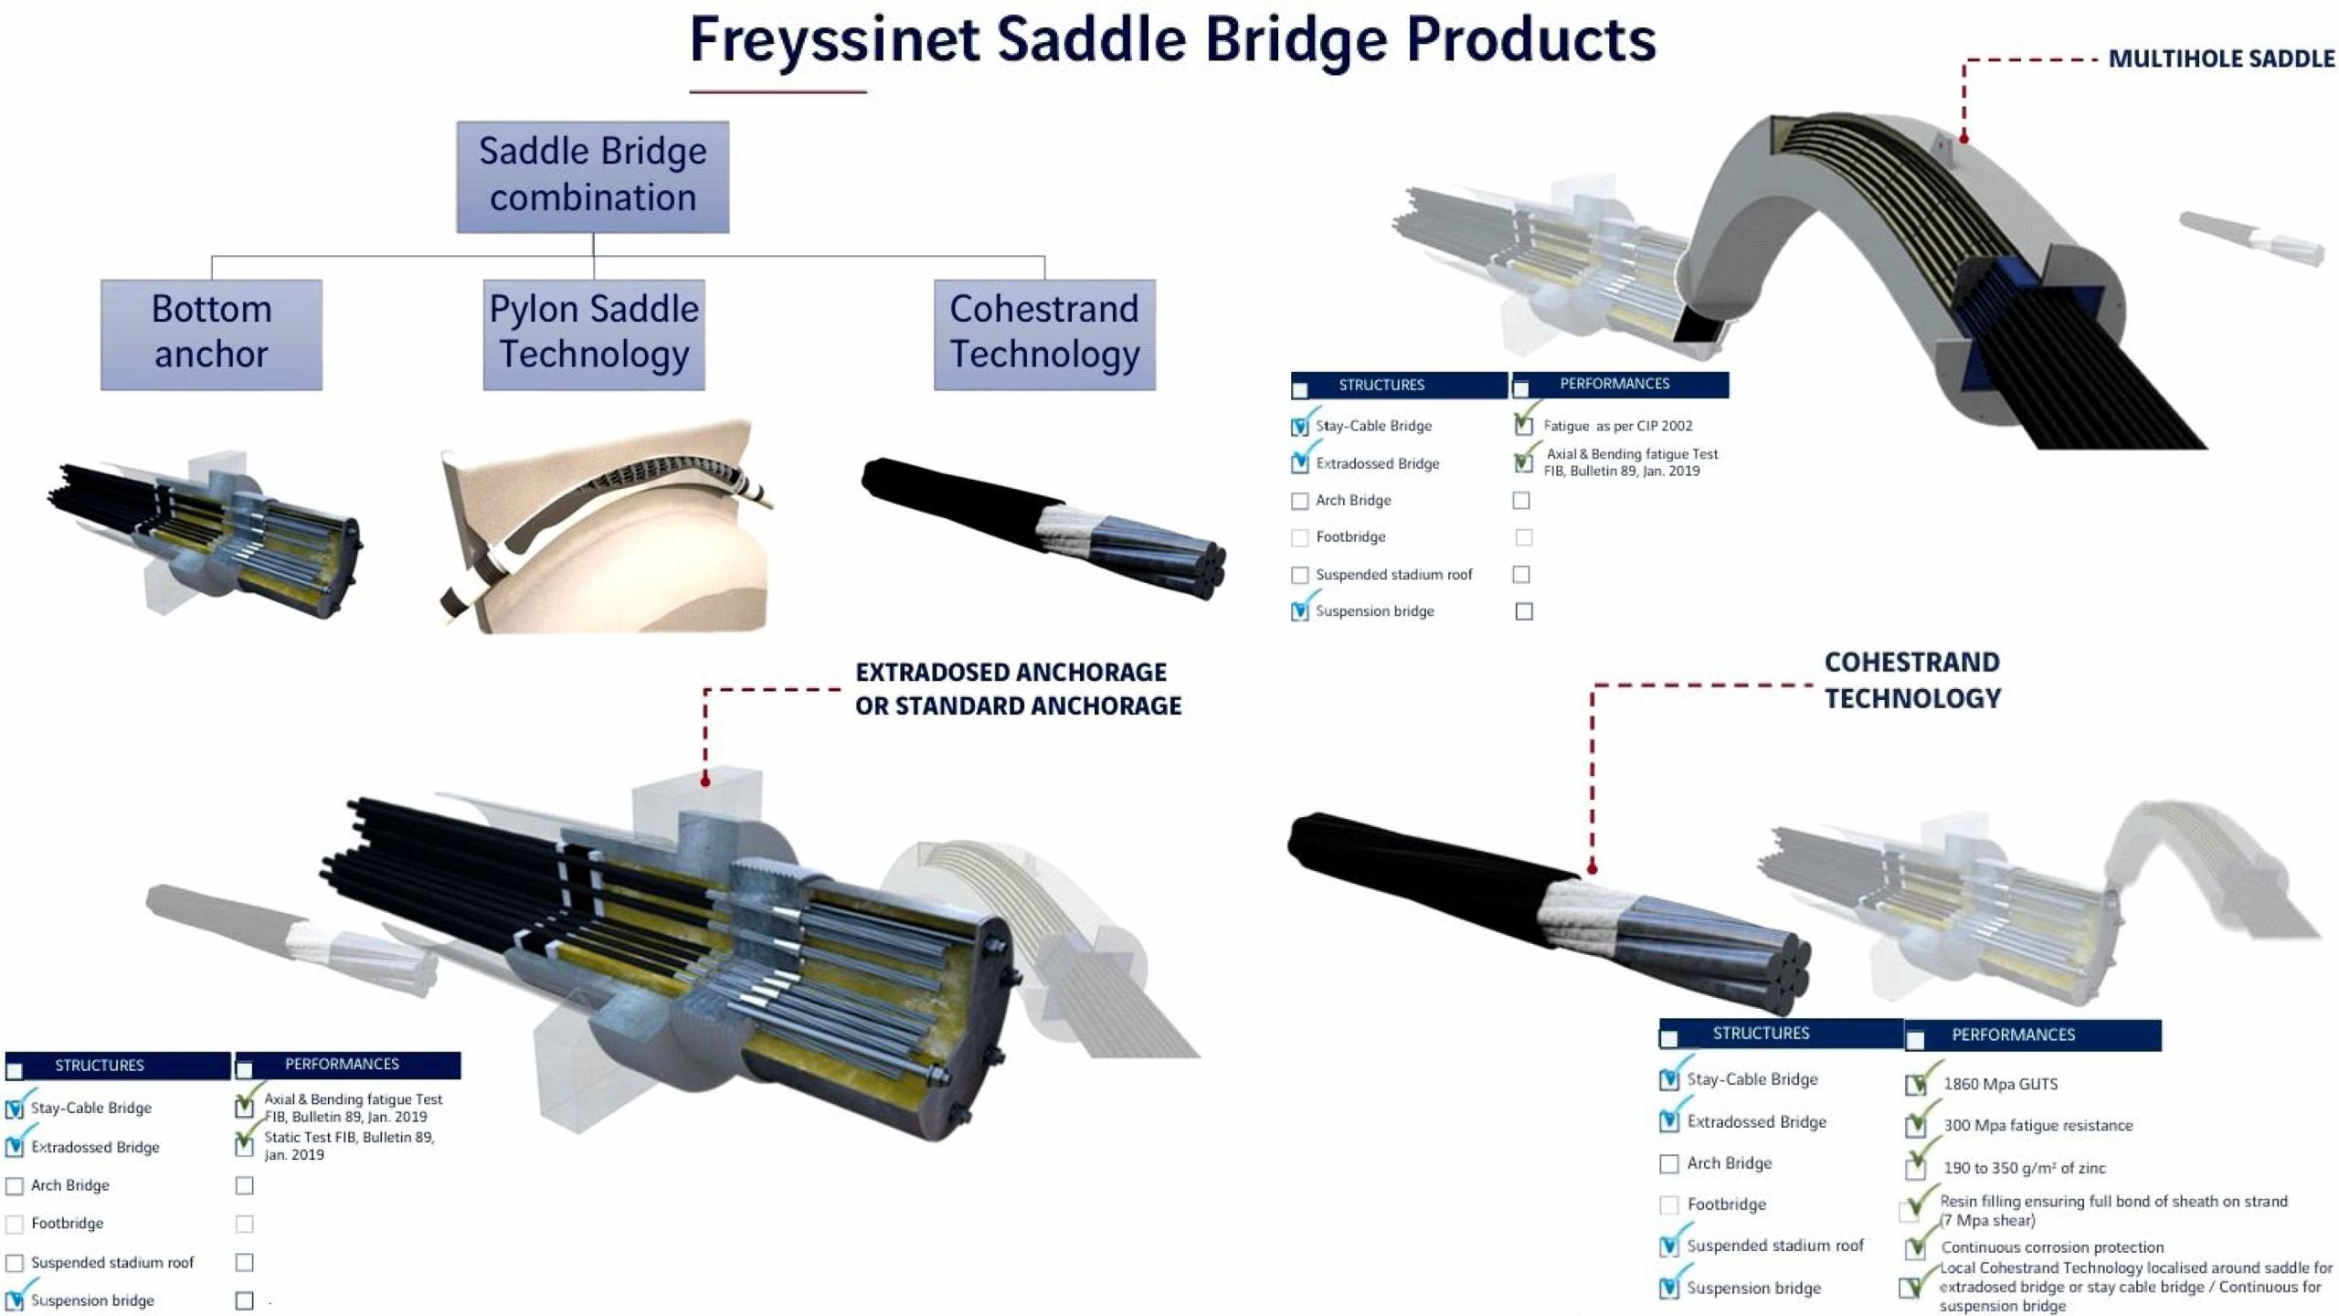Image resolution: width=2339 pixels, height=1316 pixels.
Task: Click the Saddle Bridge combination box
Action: [x=592, y=176]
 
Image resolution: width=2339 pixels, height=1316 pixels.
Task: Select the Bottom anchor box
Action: [x=211, y=334]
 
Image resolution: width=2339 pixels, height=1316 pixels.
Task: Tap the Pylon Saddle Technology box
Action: [x=593, y=334]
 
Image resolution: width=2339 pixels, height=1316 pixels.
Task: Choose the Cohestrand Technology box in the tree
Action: [x=1043, y=334]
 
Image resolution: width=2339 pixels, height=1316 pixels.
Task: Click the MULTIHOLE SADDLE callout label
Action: [x=2220, y=59]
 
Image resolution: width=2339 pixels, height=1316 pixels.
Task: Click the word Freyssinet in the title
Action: [x=833, y=40]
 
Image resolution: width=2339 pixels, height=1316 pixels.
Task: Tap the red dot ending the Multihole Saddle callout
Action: [x=1963, y=138]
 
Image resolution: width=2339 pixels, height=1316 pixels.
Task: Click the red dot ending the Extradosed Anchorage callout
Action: [x=705, y=780]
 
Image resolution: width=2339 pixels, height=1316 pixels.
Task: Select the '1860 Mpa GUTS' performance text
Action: [x=2000, y=1084]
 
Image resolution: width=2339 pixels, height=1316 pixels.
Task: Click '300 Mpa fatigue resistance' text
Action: [x=2037, y=1125]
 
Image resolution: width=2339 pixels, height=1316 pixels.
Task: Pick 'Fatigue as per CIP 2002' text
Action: [x=1617, y=426]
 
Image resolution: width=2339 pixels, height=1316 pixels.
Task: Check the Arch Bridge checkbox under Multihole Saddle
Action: [x=1299, y=501]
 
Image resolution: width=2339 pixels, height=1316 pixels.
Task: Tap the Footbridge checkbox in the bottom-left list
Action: [x=15, y=1224]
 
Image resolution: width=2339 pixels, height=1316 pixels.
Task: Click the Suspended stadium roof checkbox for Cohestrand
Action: [x=1669, y=1247]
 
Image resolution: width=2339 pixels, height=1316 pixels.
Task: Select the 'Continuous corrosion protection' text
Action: [x=2052, y=1247]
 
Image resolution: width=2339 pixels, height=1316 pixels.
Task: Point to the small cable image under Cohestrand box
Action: [x=1043, y=527]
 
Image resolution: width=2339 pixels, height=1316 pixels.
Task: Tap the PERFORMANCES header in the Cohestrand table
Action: [x=2013, y=1035]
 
